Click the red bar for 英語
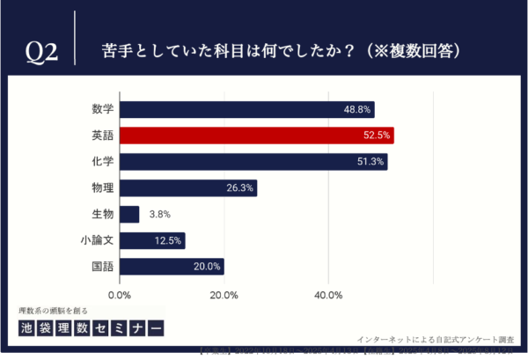tap(256, 136)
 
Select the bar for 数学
tap(246, 110)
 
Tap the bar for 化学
tap(253, 162)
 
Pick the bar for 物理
tap(187, 188)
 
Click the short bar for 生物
tap(129, 214)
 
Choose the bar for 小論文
tap(151, 240)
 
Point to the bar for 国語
tap(172, 267)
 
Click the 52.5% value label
tap(376, 136)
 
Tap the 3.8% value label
tap(159, 214)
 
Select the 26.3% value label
tap(239, 188)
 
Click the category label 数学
tap(102, 110)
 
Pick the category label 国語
tap(102, 267)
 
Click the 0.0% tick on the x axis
tap(120, 295)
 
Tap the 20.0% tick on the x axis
tap(224, 295)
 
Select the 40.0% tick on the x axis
tap(328, 295)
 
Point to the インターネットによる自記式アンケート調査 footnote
tap(436, 338)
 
